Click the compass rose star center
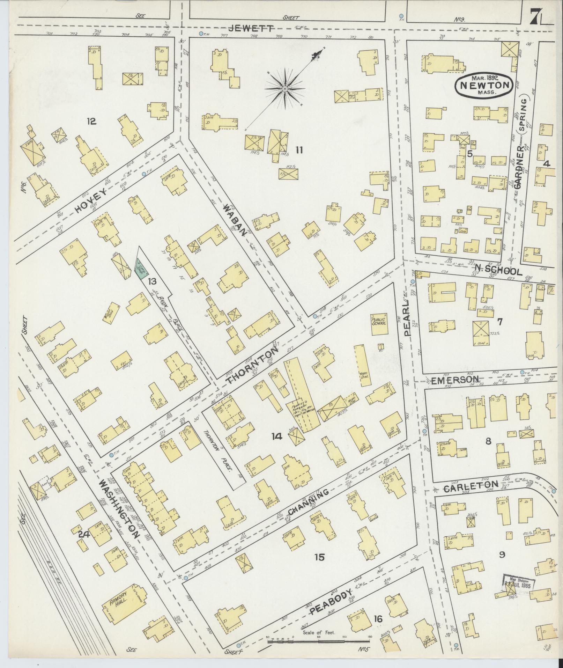click(285, 89)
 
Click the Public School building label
click(378, 321)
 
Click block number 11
click(299, 150)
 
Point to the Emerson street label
click(454, 380)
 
